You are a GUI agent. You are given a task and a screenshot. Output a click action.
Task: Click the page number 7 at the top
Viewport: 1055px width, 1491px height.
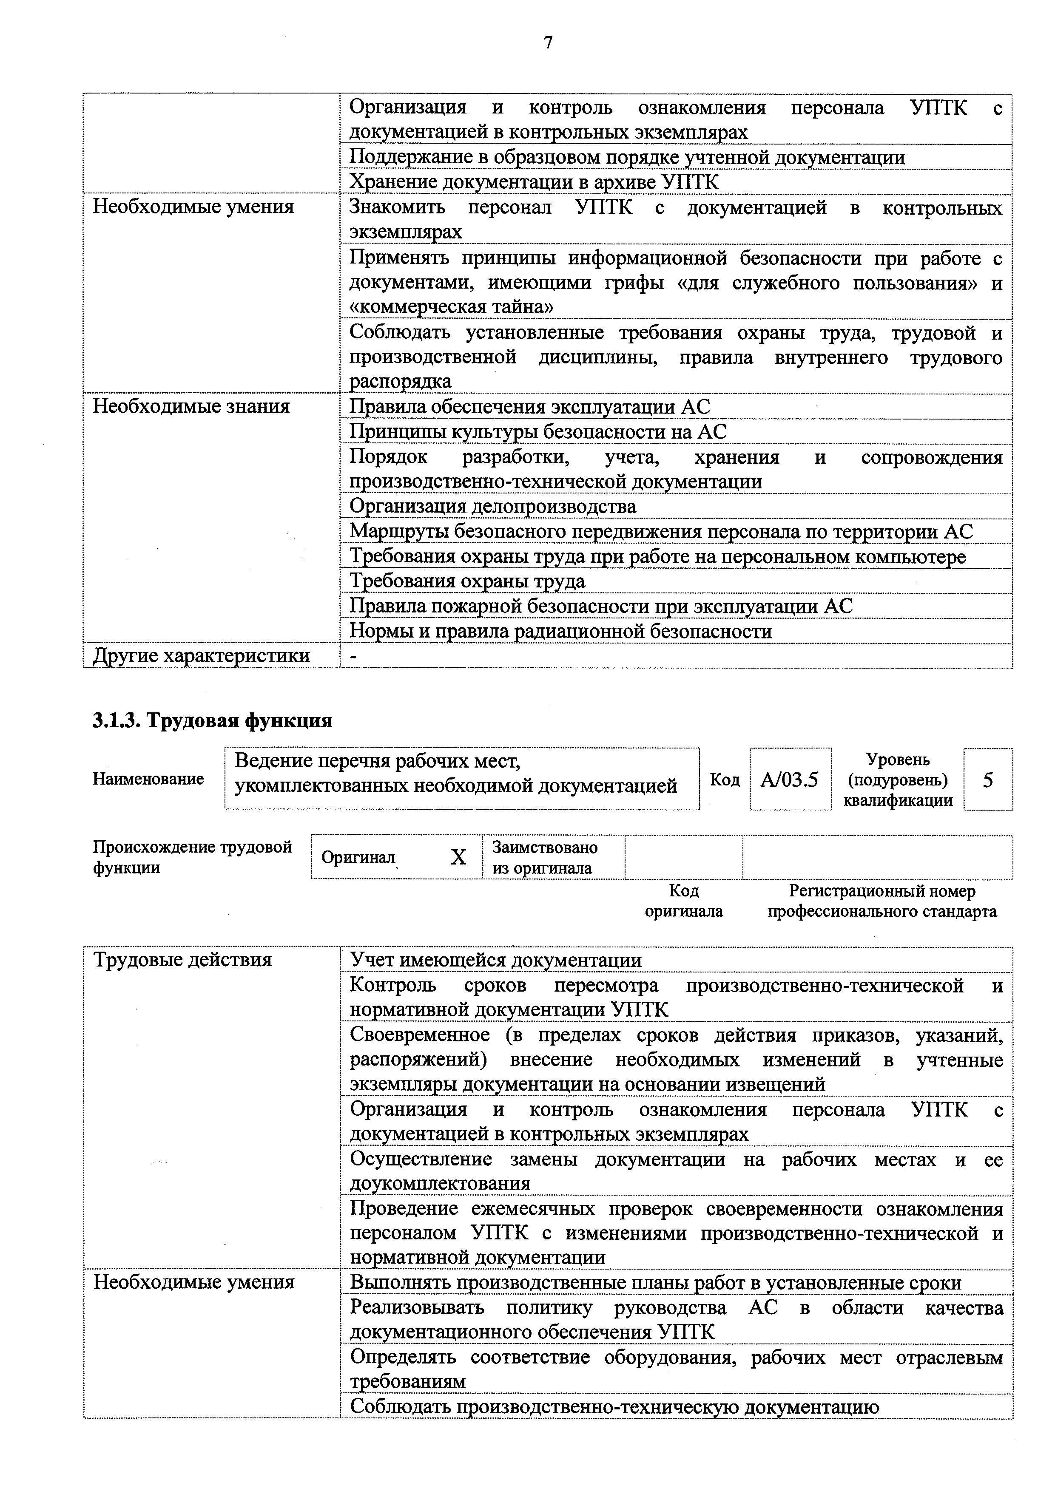[548, 43]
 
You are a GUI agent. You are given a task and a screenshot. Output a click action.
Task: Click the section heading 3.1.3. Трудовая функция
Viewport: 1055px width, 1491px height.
[213, 721]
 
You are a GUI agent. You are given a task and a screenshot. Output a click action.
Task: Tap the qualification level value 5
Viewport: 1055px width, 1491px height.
[987, 779]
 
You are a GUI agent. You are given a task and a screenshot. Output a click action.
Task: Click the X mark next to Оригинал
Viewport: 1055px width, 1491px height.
[459, 858]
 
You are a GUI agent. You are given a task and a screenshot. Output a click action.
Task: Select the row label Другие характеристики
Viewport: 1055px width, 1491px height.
[202, 656]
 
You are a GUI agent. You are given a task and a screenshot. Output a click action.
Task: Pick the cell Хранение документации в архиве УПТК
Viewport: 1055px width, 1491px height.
[534, 182]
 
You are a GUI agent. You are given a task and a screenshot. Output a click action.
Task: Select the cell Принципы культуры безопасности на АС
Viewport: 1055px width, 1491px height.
[538, 432]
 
